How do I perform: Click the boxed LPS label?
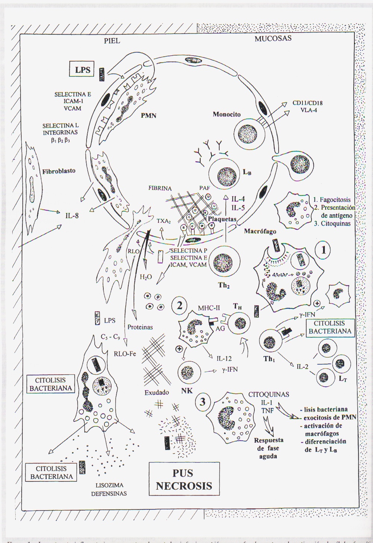[82, 70]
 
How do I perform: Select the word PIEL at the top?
[112, 41]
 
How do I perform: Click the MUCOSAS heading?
[273, 38]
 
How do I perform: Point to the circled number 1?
[323, 250]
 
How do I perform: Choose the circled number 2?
[179, 306]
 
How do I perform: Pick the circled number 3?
[202, 402]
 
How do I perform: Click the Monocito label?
[227, 114]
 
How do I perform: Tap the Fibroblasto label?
[59, 171]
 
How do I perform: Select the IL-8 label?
[71, 215]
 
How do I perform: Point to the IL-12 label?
[224, 359]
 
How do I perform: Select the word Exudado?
[157, 392]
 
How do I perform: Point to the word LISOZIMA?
[109, 486]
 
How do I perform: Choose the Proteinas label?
[140, 327]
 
